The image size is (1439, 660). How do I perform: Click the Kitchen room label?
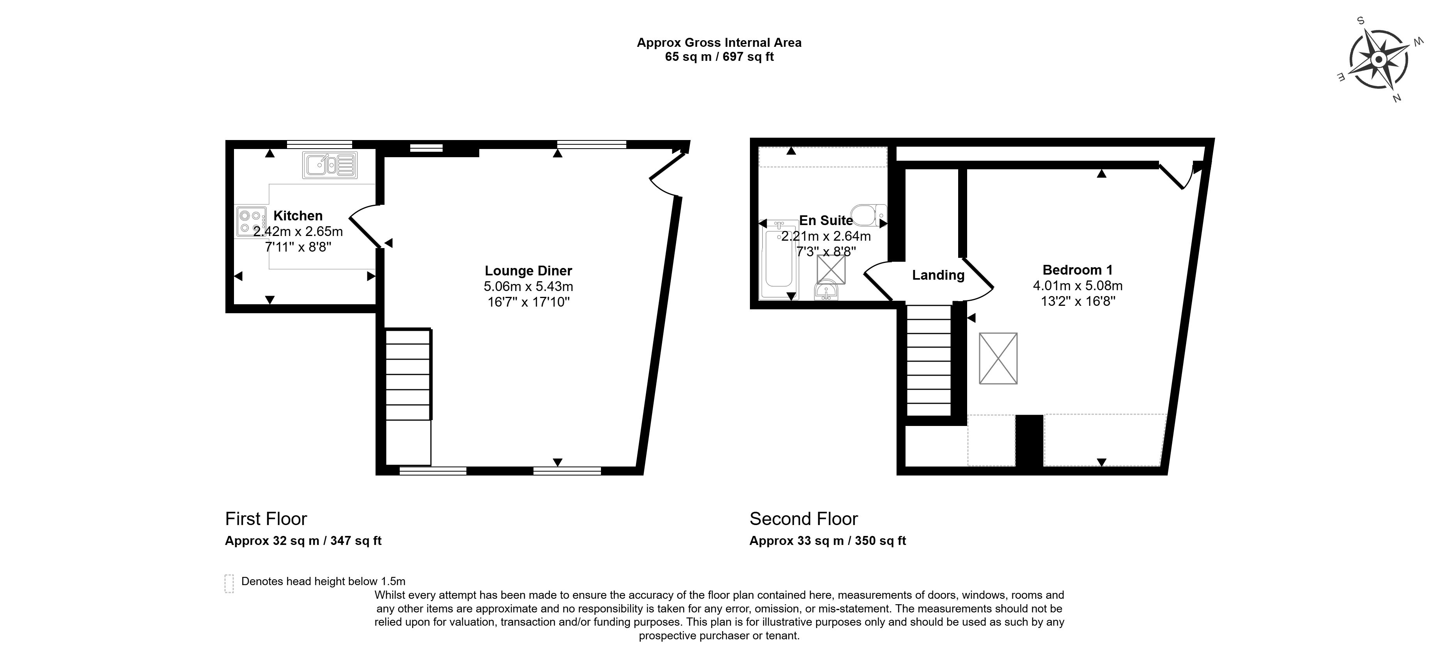298,216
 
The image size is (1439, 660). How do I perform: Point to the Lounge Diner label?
528,271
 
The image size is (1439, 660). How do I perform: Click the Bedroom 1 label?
1077,270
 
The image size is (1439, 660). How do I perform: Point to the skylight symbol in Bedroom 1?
998,358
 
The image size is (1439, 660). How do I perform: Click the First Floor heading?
266,519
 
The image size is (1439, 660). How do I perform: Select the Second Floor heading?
803,519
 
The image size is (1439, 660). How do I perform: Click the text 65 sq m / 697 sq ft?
719,57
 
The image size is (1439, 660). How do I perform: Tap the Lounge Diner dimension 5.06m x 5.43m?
528,287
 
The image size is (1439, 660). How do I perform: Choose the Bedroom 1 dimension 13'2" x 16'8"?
1077,301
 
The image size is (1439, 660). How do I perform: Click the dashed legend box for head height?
229,584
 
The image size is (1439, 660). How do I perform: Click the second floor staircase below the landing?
929,360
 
